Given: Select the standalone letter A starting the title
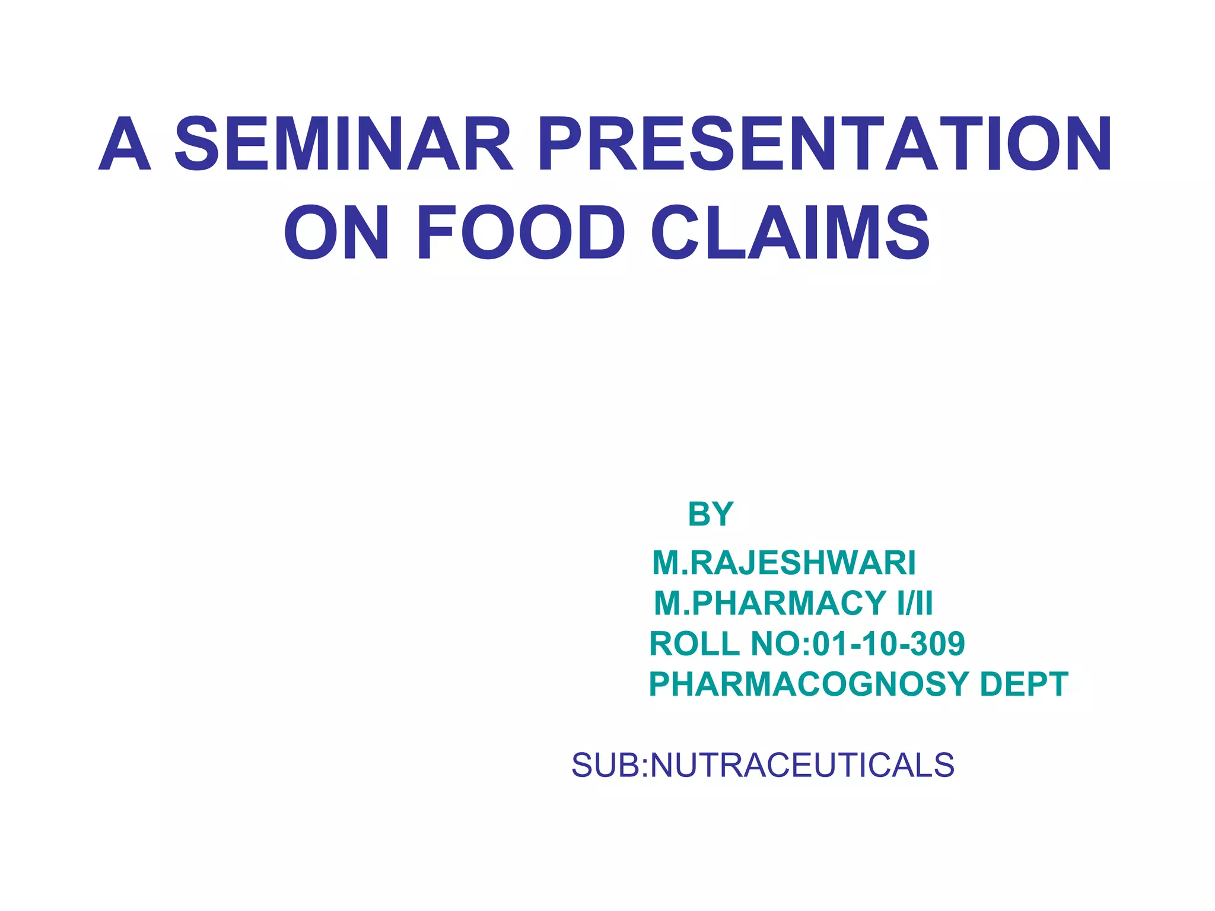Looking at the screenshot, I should tap(125, 144).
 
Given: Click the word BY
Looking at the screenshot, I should tap(711, 514).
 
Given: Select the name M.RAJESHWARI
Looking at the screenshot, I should tap(784, 562).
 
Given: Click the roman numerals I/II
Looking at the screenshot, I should tap(915, 603).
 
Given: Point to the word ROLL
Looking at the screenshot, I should tap(695, 644).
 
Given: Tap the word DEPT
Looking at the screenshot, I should tap(1024, 684).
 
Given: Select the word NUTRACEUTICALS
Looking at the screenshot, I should tap(803, 765).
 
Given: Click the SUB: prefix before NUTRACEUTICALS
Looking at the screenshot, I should tap(610, 765).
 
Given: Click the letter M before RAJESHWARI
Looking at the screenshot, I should tap(666, 562).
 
